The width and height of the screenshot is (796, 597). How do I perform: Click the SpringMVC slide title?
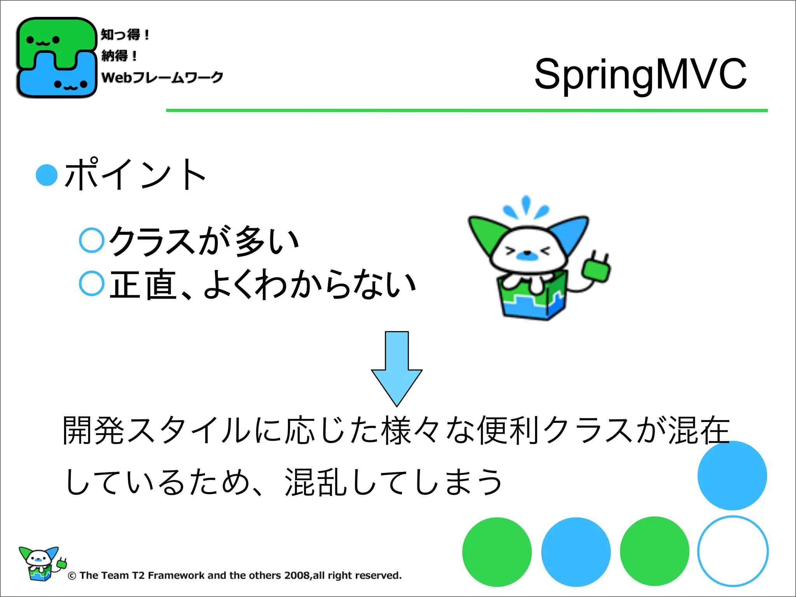640,74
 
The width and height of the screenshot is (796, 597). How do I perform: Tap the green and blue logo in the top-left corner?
56,58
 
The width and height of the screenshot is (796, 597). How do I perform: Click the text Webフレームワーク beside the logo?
162,77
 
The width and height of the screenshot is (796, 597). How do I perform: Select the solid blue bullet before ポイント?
47,175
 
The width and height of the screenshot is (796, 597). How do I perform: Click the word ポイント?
135,175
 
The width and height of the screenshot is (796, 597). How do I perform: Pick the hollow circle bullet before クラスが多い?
92,240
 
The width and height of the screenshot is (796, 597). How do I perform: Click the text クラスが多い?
204,241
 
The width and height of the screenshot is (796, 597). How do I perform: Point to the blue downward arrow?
397,367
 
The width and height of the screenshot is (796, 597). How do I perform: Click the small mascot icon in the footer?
41,564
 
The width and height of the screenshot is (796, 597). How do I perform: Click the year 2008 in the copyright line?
297,575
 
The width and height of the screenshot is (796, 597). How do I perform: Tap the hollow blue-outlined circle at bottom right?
733,551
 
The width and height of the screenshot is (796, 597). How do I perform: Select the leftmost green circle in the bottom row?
497,552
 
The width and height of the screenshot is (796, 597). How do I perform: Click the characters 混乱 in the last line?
316,482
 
